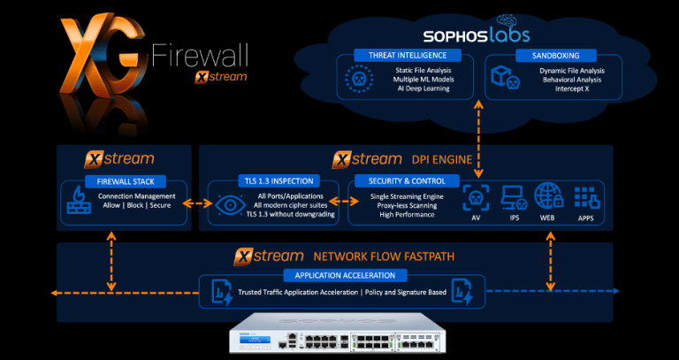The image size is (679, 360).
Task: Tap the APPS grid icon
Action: coord(584,196)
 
